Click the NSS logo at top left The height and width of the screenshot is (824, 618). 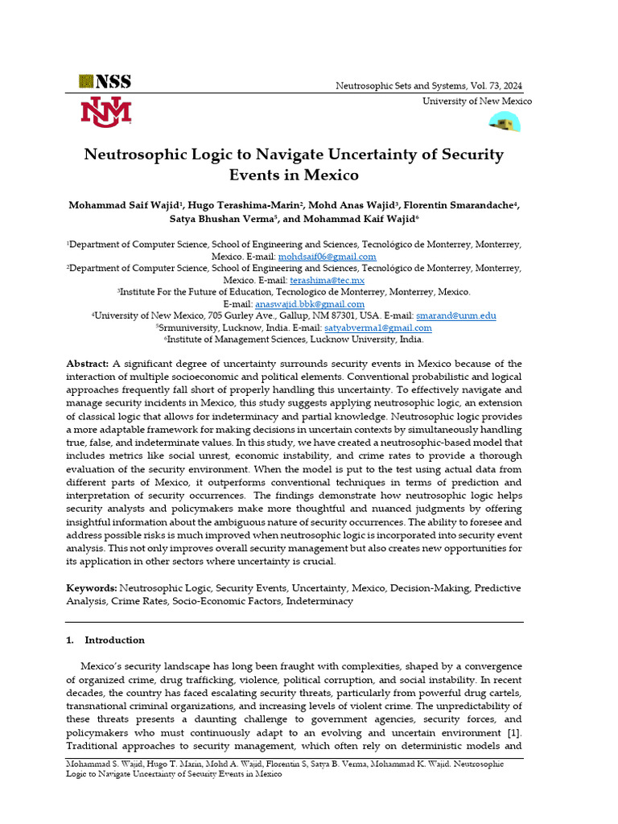(105, 81)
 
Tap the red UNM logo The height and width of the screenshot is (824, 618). (105, 112)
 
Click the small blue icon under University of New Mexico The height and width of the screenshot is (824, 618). (505, 122)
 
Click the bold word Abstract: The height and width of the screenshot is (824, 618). (88, 364)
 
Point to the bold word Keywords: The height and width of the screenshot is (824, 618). (91, 588)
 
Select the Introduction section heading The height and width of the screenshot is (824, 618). (114, 641)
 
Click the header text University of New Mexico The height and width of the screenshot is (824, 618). (477, 101)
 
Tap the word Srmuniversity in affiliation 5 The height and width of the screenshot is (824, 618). (192, 328)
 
